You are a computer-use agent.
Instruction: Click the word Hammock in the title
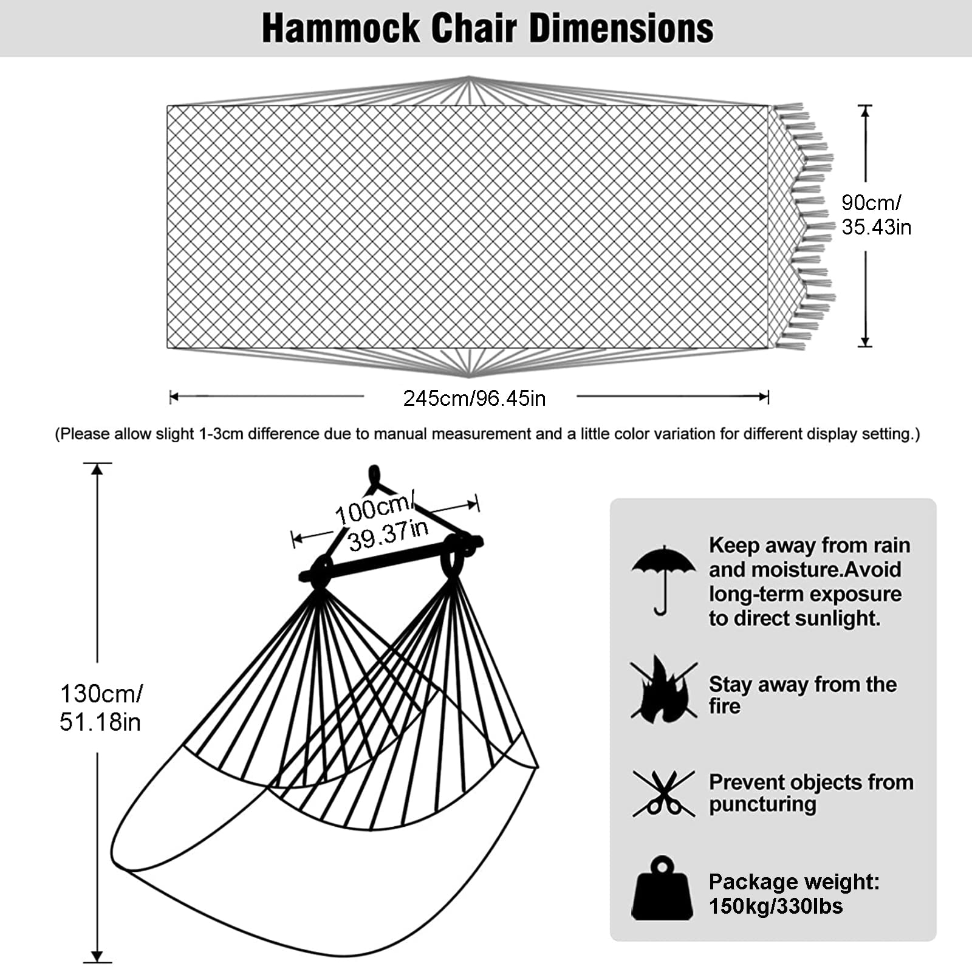(x=340, y=28)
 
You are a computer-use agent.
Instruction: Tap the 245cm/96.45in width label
(x=474, y=399)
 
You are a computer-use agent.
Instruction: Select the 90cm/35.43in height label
(x=876, y=214)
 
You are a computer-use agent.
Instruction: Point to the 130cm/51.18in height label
(x=101, y=708)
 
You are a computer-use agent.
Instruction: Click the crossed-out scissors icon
(x=663, y=793)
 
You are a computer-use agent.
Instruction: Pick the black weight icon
(x=662, y=889)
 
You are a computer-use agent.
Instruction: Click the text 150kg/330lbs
(x=776, y=906)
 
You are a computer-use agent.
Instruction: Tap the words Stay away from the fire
(x=802, y=695)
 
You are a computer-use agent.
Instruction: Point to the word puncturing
(x=762, y=804)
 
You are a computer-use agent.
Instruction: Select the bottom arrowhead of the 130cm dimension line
(x=97, y=957)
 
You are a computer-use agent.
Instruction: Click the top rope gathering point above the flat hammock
(x=469, y=78)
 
